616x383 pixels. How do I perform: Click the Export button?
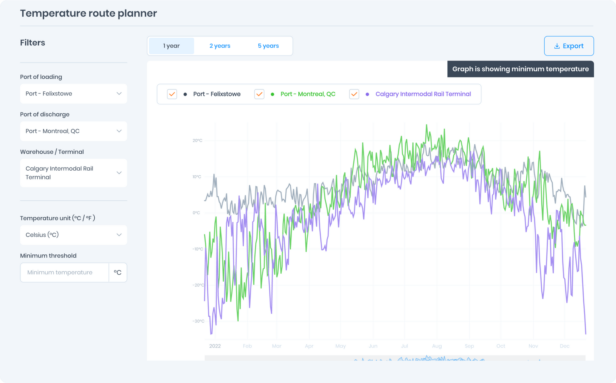click(x=569, y=46)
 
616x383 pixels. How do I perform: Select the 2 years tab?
click(x=220, y=46)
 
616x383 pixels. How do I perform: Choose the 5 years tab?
click(x=268, y=46)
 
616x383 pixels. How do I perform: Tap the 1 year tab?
click(x=171, y=46)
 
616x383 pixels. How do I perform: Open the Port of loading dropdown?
click(x=73, y=94)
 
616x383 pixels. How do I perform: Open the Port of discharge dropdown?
click(x=73, y=131)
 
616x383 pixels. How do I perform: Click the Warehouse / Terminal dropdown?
click(x=73, y=173)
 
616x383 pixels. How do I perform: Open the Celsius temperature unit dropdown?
click(x=73, y=235)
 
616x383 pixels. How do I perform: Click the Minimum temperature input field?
click(x=64, y=272)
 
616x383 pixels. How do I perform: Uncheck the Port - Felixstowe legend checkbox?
click(x=172, y=94)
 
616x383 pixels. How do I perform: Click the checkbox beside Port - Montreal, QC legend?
click(x=259, y=94)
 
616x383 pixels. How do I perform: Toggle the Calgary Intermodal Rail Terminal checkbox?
click(x=354, y=94)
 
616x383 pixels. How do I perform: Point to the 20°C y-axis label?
click(x=198, y=141)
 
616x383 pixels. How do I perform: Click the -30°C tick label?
click(x=198, y=321)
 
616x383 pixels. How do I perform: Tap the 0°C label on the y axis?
click(x=196, y=213)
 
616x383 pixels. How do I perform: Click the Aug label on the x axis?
click(x=437, y=346)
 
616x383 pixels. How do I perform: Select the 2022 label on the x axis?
click(x=215, y=346)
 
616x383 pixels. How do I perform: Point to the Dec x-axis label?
click(x=564, y=346)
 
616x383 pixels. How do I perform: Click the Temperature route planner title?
click(x=89, y=13)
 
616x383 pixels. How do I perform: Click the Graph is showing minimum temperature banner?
click(x=520, y=69)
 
